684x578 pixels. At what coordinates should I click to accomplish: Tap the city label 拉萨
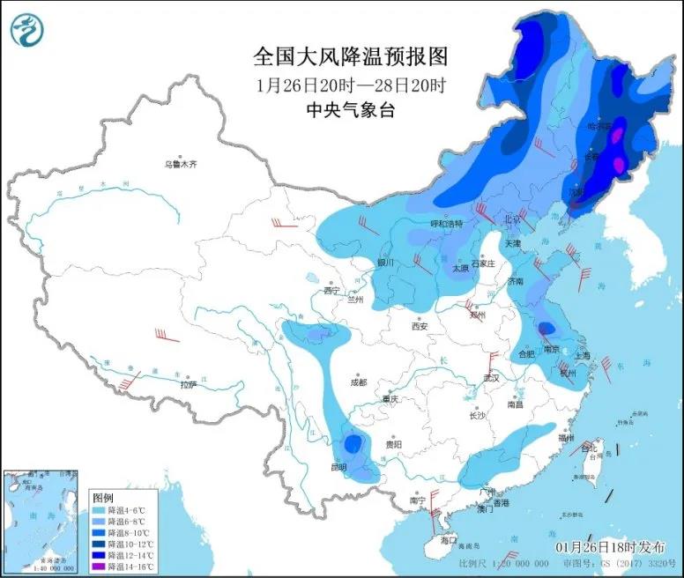(188, 385)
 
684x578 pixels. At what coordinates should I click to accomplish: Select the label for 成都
(357, 382)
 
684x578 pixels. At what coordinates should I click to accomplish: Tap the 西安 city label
(419, 326)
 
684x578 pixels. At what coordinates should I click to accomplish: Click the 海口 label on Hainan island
(450, 539)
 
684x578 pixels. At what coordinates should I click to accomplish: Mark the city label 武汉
(491, 378)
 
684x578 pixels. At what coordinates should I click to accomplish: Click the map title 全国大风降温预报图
(351, 57)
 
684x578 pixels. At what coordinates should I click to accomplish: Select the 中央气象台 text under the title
(351, 110)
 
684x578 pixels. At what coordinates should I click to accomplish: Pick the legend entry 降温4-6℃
(119, 510)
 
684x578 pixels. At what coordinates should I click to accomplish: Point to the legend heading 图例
(103, 497)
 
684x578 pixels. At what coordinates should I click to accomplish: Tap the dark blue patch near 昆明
(353, 443)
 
